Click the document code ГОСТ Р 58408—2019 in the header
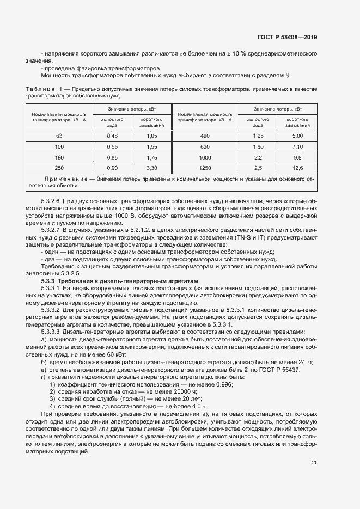(287, 38)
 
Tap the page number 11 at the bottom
(314, 463)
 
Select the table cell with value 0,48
(112, 136)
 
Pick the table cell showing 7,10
(297, 147)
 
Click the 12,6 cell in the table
(297, 168)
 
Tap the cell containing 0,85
(112, 157)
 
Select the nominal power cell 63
(59, 136)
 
